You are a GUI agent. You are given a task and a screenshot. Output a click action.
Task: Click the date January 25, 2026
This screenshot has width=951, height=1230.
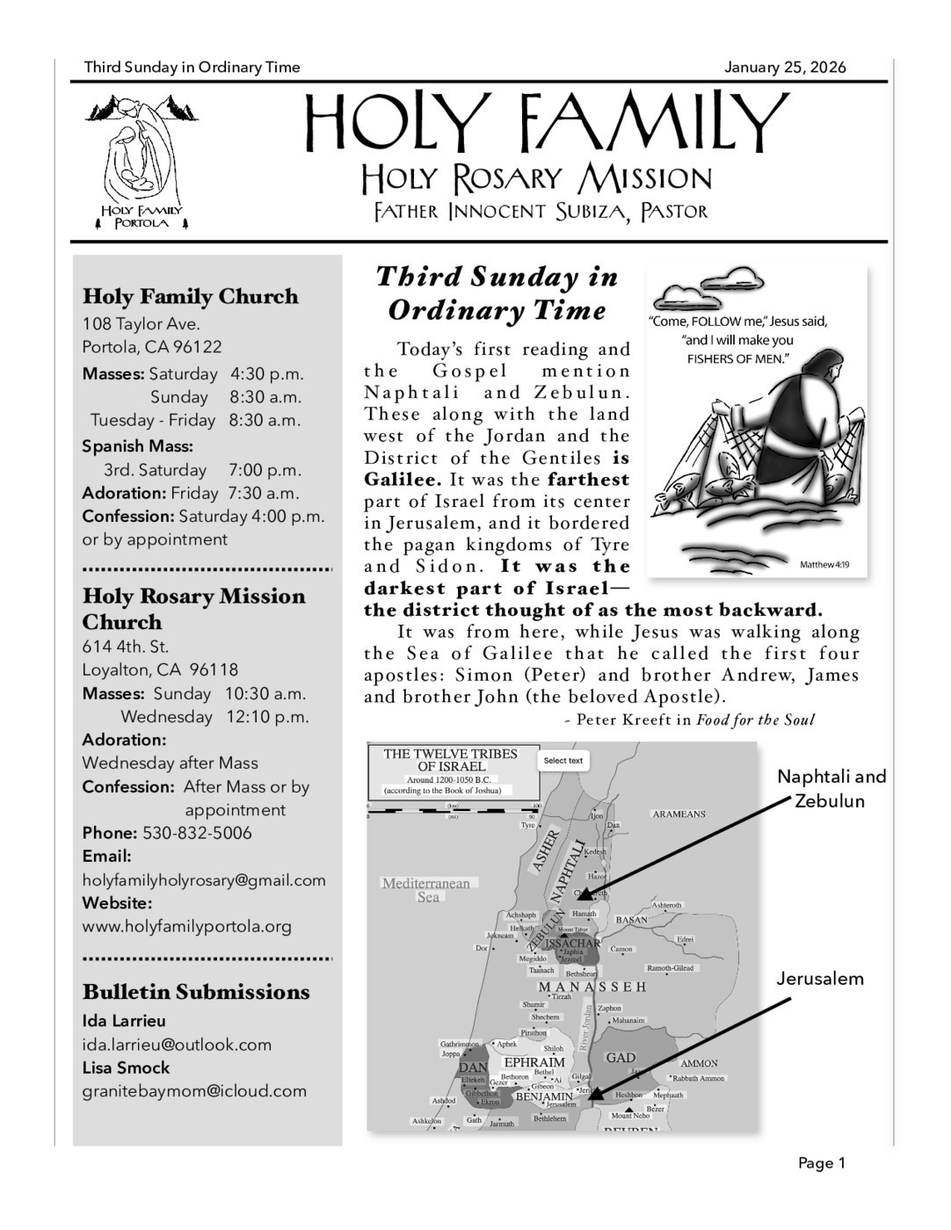(x=785, y=68)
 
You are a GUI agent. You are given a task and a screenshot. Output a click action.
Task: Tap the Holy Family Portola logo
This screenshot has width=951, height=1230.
(x=141, y=162)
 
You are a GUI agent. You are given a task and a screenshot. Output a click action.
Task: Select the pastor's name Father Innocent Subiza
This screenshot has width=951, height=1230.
(x=541, y=212)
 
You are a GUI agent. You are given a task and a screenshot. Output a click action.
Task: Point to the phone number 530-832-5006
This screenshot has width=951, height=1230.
(x=197, y=833)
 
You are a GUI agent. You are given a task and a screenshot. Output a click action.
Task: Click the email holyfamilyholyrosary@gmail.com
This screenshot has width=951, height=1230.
(x=204, y=880)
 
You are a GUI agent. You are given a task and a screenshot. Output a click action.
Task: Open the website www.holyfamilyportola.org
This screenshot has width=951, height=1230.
(x=187, y=926)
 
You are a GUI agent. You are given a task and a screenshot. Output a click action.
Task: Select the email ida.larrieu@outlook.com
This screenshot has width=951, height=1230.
(x=177, y=1045)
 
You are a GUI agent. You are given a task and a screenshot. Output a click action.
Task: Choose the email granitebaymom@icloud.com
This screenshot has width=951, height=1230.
(x=194, y=1091)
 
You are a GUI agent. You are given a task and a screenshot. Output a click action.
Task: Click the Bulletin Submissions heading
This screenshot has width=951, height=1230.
(x=196, y=992)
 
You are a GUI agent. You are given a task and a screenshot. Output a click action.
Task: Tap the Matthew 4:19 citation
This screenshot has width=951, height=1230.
(x=824, y=564)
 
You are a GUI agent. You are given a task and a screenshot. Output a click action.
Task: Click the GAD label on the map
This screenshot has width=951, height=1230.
(x=621, y=1058)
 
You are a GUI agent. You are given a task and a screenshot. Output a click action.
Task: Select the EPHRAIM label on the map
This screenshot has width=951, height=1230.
(x=534, y=1062)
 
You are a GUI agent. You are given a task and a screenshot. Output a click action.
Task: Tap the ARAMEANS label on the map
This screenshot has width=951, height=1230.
(x=679, y=814)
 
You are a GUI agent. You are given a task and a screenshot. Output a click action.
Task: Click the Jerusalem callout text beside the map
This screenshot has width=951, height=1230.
(x=820, y=979)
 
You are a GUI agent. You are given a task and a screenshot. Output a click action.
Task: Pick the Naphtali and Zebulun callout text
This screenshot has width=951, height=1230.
(x=831, y=788)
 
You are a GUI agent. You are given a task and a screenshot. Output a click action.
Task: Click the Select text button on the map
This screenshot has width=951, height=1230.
(x=563, y=761)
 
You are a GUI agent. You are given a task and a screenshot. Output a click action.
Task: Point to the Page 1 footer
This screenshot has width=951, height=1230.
(x=821, y=1163)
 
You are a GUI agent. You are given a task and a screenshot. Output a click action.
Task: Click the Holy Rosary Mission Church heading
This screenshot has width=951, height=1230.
(x=193, y=609)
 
